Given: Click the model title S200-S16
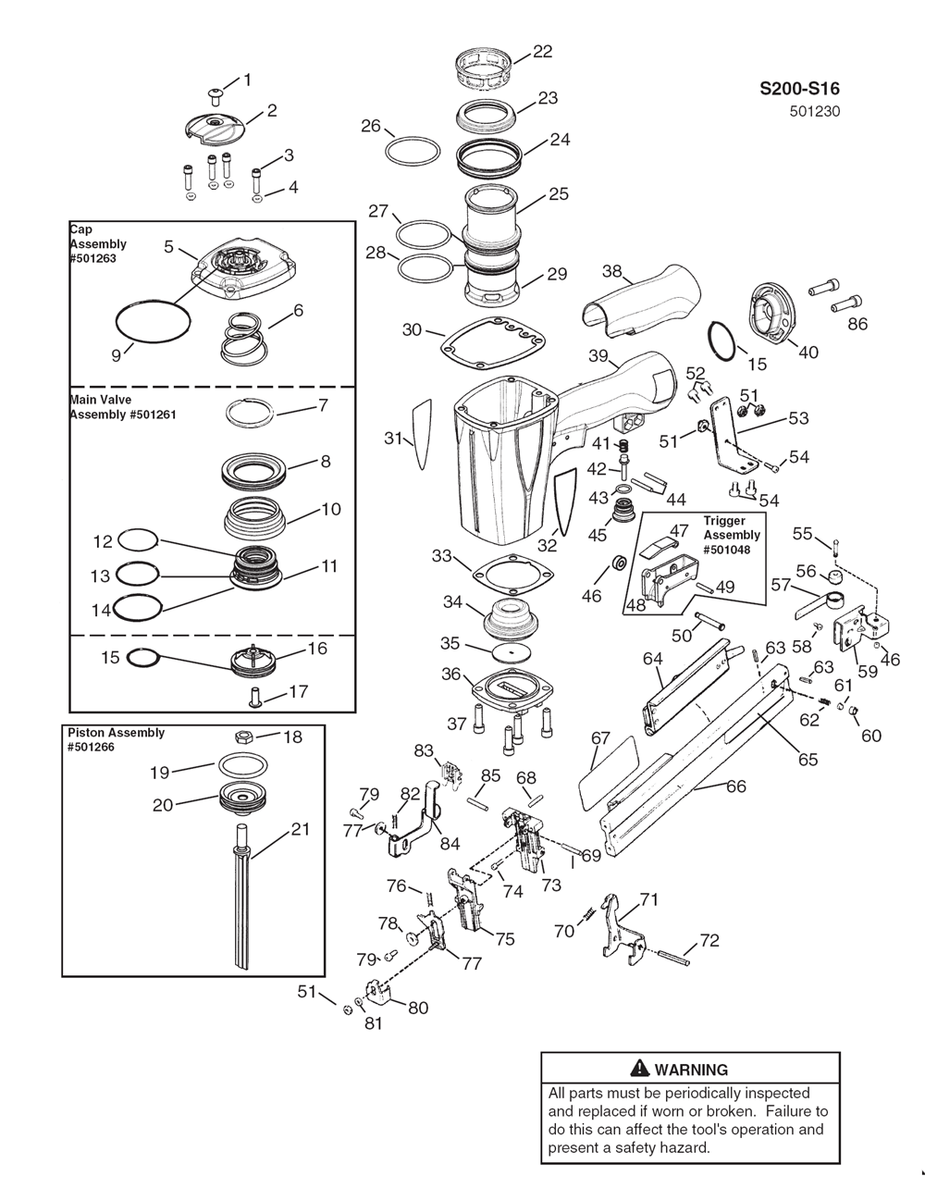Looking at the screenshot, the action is point(799,89).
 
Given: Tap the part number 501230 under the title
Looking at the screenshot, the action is point(815,112).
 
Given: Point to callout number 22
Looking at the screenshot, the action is point(542,52).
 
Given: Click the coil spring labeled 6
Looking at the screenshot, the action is point(243,337).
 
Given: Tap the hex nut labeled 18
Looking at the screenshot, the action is point(243,737).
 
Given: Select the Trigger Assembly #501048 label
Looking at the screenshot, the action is point(732,535).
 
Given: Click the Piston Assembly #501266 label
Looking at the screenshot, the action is point(116,739).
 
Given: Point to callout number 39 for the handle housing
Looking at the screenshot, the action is point(598,356).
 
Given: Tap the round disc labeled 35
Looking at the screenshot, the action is point(512,651).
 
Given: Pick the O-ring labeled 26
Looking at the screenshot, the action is point(413,150).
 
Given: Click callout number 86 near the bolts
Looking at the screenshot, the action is point(857,324).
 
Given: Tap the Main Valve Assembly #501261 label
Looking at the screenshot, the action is point(123,407).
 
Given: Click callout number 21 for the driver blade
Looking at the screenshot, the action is point(300,829).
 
